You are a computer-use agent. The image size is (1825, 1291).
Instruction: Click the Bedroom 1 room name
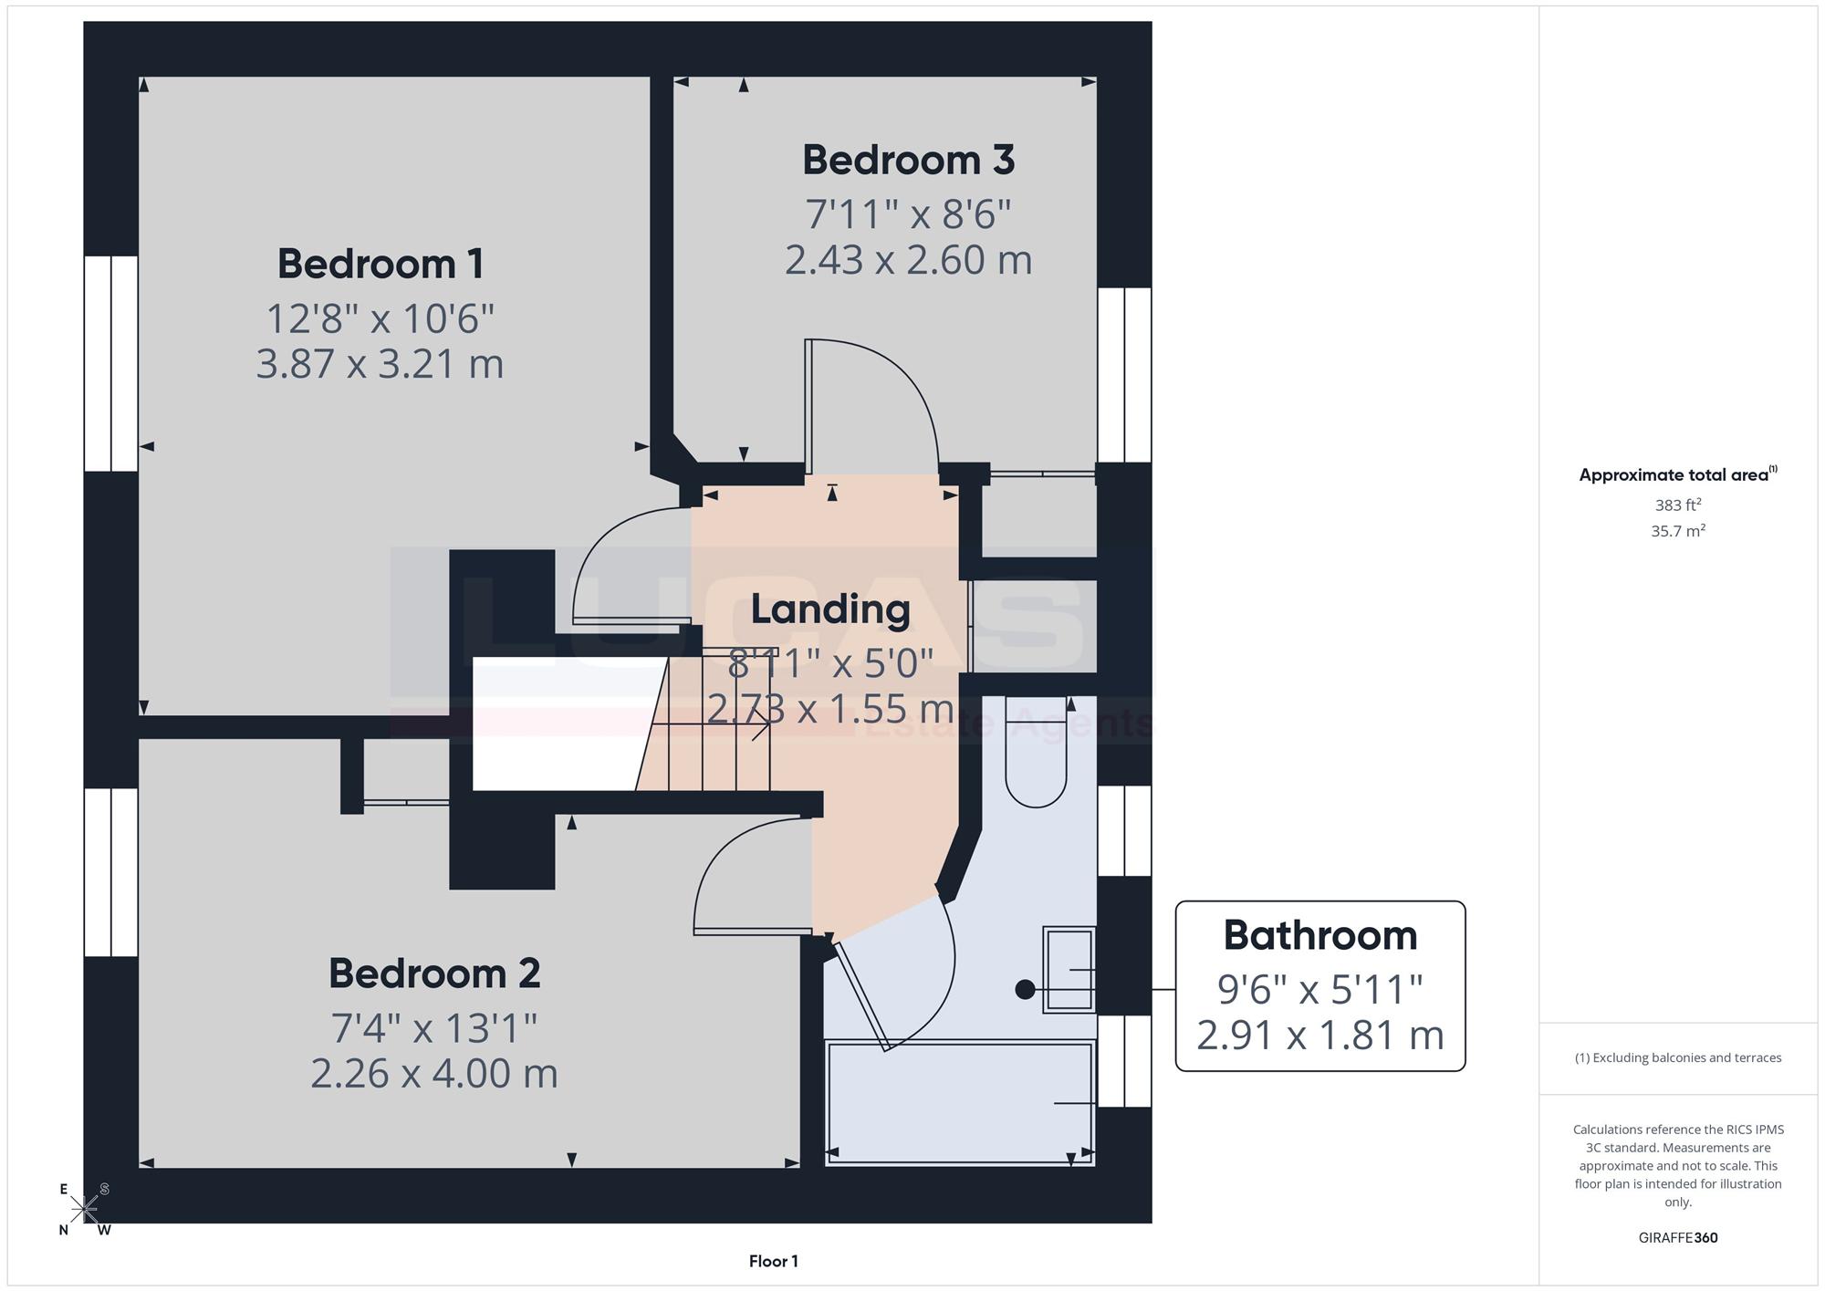381,264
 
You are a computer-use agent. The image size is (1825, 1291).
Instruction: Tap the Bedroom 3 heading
908,160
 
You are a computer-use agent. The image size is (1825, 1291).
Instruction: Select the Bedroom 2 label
434,973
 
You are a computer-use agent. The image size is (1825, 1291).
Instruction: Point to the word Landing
830,610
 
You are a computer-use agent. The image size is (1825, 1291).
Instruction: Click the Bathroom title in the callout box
1320,935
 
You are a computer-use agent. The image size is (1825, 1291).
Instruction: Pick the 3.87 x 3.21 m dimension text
380,364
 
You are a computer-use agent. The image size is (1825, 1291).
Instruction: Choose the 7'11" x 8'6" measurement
908,214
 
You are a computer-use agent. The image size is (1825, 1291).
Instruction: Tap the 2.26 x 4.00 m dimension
434,1073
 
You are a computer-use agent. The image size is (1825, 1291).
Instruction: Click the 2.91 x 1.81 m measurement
1320,1036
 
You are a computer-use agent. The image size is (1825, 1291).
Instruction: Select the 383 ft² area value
1678,505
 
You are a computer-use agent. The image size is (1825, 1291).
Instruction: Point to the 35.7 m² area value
1678,530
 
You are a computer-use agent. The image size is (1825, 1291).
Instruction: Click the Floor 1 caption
774,1261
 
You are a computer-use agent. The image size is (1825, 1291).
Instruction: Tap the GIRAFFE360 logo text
1678,1238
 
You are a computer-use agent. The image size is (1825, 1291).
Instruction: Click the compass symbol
85,1210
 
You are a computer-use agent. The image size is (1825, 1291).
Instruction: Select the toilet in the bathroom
1037,752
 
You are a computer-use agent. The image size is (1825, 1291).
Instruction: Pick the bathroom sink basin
1069,970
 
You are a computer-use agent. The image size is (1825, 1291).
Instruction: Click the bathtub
960,1103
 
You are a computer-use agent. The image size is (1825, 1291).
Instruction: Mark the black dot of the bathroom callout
1025,989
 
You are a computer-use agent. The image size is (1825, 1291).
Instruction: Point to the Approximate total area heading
1678,474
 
